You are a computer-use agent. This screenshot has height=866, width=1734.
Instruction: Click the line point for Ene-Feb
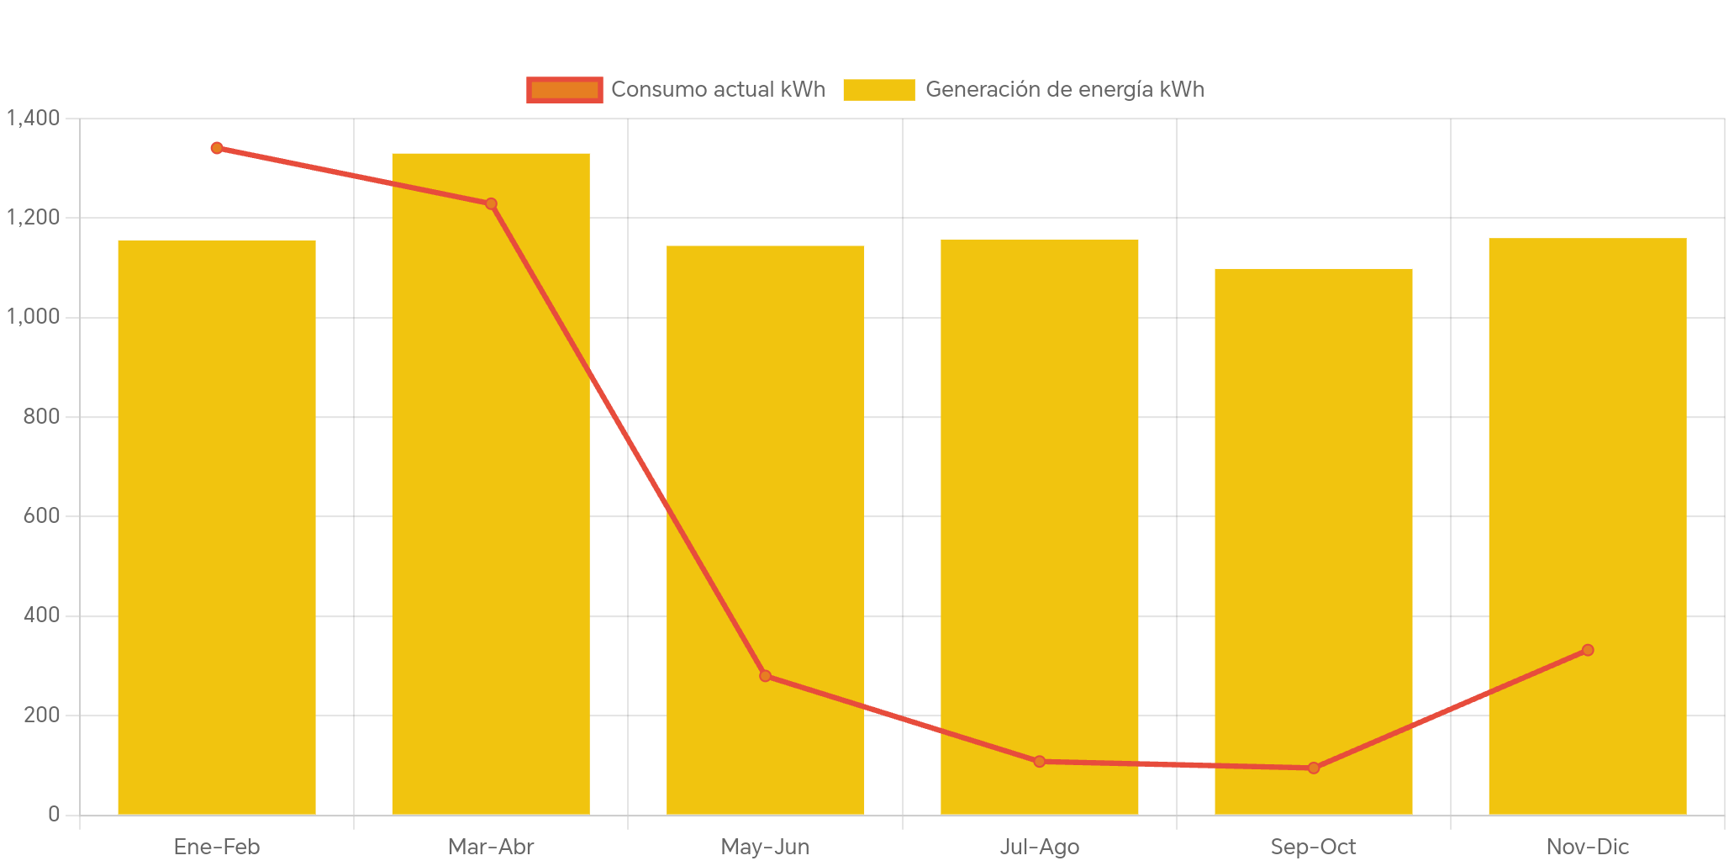[x=217, y=148]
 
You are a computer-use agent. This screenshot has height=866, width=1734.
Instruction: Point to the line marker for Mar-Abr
[x=491, y=203]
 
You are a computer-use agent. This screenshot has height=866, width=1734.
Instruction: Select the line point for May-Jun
[x=765, y=676]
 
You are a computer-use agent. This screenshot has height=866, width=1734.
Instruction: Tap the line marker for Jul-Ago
[x=1040, y=762]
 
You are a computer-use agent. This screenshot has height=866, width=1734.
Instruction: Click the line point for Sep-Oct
[x=1314, y=768]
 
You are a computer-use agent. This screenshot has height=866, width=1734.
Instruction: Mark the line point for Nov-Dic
[x=1588, y=650]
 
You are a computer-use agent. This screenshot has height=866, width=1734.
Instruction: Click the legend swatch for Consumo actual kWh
[x=564, y=89]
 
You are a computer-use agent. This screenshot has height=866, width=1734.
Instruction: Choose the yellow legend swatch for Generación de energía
[x=878, y=89]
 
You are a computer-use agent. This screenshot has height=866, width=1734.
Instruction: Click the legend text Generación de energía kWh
[x=1064, y=89]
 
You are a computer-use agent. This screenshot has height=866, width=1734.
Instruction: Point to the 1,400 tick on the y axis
[x=34, y=118]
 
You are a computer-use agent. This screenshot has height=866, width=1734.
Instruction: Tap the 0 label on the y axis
[x=54, y=814]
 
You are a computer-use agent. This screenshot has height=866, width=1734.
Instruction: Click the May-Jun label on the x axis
[x=765, y=847]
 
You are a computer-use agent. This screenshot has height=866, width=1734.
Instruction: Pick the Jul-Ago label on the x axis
[x=1040, y=847]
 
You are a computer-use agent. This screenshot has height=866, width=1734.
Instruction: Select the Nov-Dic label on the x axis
[x=1588, y=847]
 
